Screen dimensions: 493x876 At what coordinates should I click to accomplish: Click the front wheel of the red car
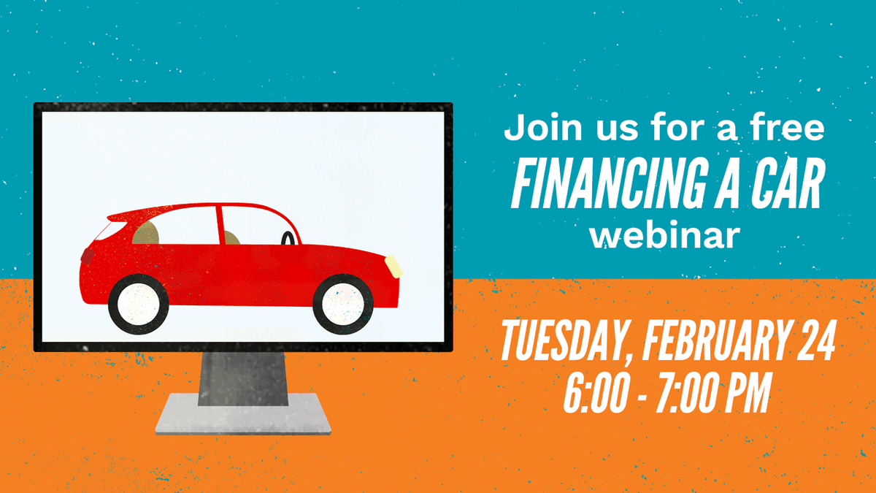click(x=342, y=302)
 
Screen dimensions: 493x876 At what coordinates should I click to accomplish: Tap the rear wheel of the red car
click(x=138, y=303)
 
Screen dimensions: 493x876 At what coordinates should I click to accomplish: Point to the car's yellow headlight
click(x=394, y=265)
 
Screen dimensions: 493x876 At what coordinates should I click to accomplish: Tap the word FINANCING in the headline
click(x=610, y=180)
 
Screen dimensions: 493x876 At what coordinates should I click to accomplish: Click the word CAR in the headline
click(x=788, y=180)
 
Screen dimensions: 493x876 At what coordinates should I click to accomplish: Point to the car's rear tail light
click(x=88, y=256)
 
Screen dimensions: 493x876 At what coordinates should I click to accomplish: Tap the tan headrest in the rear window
click(x=146, y=233)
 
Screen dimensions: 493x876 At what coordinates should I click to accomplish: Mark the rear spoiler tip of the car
click(x=112, y=217)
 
